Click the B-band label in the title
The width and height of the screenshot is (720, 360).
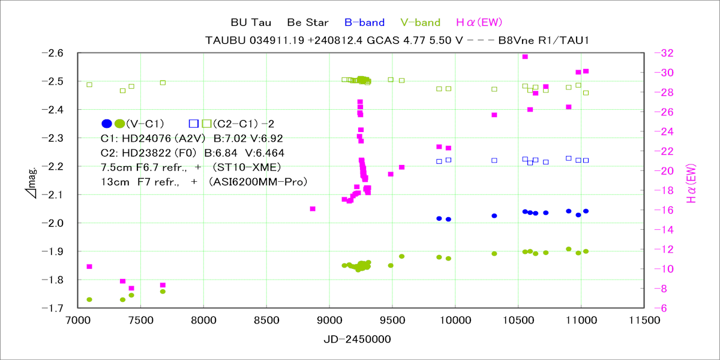[x=364, y=23]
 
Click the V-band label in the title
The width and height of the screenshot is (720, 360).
[x=420, y=23]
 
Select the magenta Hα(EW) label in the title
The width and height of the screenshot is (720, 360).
[x=478, y=23]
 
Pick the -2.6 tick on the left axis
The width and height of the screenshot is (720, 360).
[x=52, y=53]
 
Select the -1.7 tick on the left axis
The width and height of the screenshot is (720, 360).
[x=52, y=308]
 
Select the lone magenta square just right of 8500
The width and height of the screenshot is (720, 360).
[x=313, y=209]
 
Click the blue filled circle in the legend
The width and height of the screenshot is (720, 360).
[x=107, y=124]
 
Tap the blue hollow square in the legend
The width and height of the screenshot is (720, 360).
[x=193, y=124]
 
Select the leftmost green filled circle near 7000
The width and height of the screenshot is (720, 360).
[x=89, y=299]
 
